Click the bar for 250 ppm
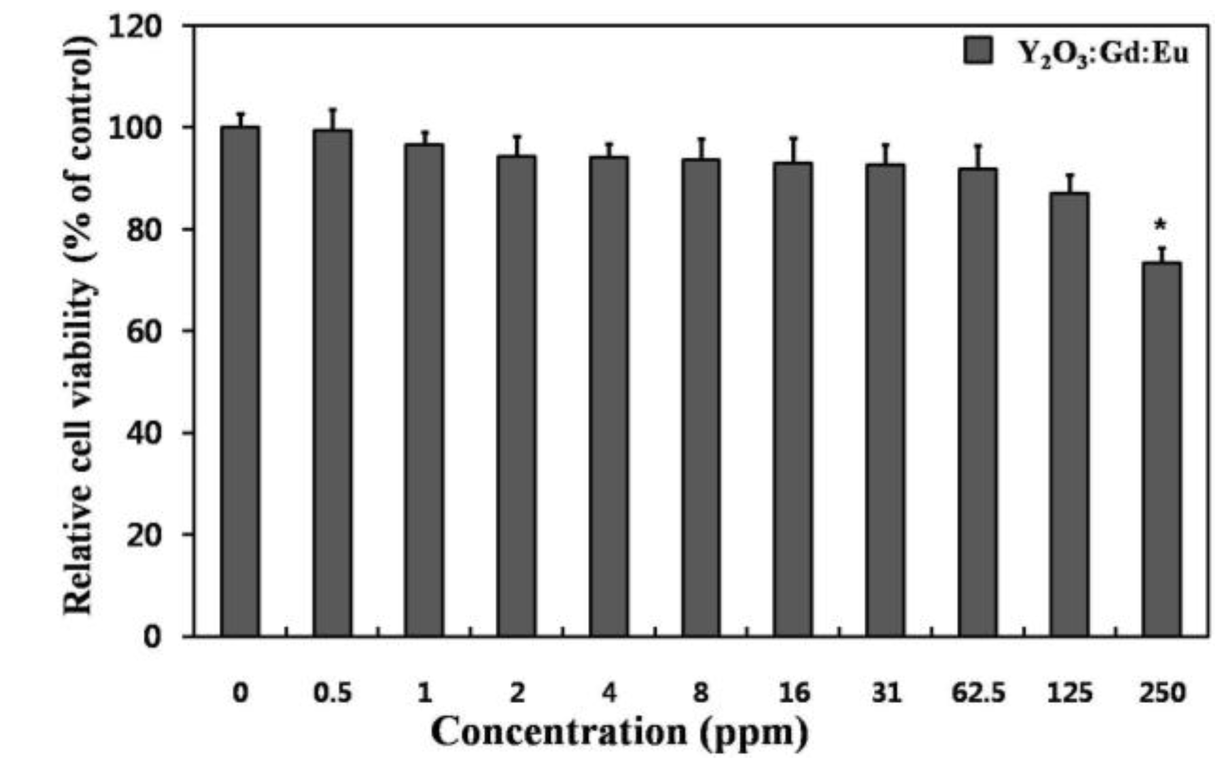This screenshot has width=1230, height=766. [1161, 450]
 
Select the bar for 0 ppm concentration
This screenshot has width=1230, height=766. [240, 381]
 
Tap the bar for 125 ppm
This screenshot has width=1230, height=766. [1069, 415]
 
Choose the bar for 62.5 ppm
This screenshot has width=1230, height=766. [978, 403]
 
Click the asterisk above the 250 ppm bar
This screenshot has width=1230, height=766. [1160, 225]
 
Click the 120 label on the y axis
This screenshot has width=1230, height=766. [135, 26]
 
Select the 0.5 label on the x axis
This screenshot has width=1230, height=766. [332, 693]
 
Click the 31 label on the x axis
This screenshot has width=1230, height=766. [886, 693]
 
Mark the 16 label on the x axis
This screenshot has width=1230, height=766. [793, 693]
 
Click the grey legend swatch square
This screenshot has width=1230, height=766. [978, 50]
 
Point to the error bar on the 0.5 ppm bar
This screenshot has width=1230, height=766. [332, 119]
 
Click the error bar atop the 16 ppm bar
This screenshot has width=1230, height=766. [793, 149]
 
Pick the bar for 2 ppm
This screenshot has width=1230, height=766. [516, 397]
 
